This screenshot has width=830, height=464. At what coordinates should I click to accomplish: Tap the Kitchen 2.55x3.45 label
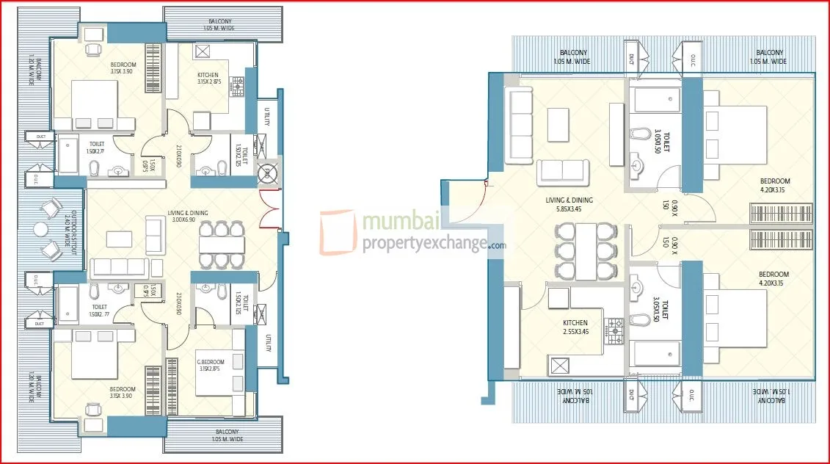click(x=575, y=327)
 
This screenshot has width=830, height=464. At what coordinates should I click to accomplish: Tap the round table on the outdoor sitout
click(x=40, y=231)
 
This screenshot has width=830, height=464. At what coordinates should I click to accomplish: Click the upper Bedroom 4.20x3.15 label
click(x=774, y=186)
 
